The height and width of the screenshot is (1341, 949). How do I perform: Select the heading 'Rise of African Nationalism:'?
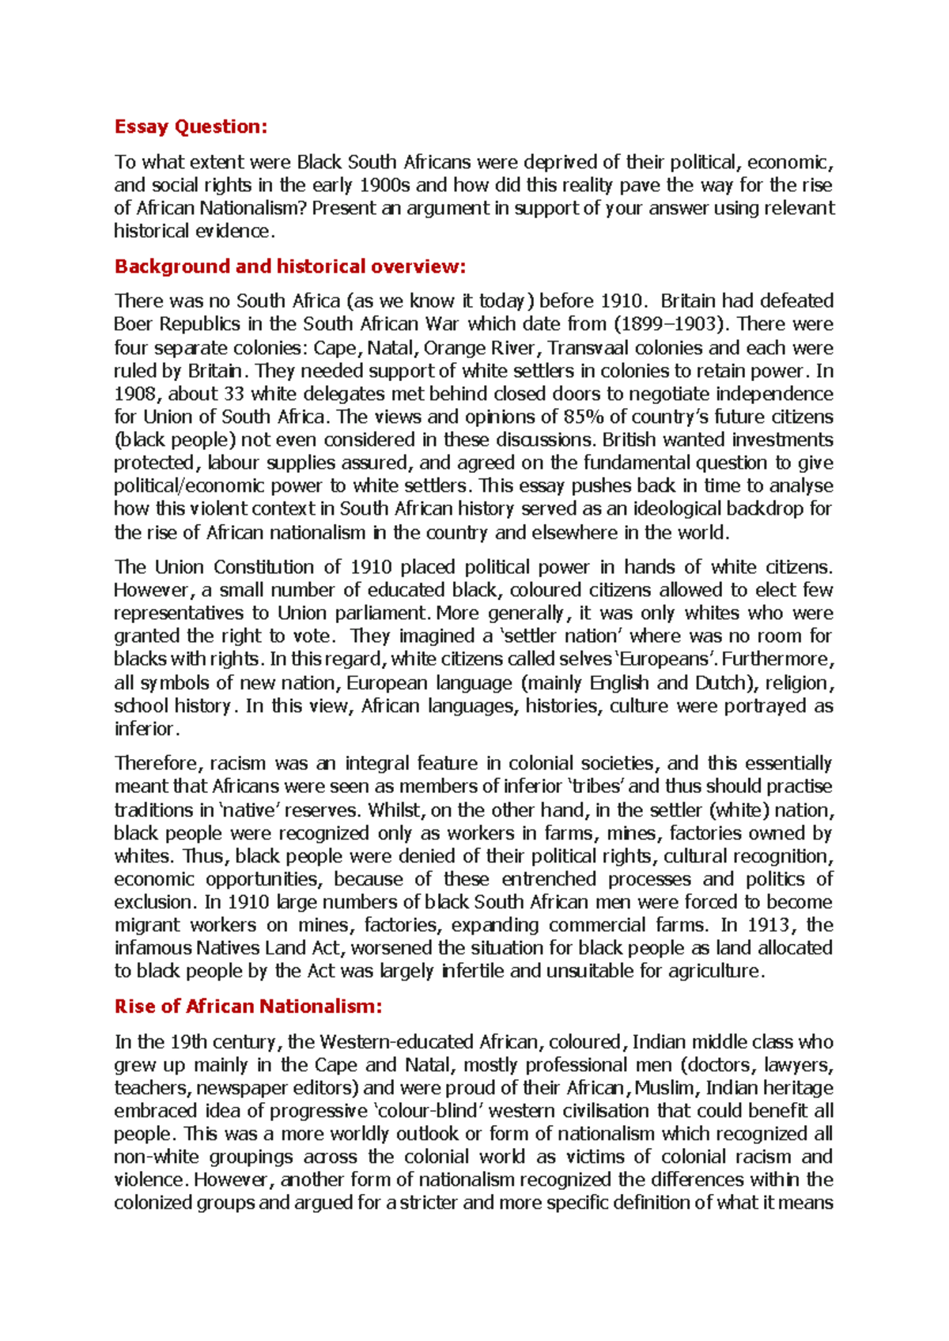click(x=248, y=1007)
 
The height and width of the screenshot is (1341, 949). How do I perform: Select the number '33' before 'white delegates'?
click(x=235, y=394)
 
